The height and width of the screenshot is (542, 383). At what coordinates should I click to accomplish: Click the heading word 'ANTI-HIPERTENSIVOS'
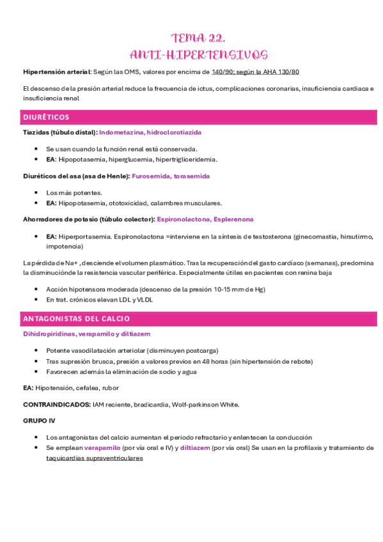click(198, 54)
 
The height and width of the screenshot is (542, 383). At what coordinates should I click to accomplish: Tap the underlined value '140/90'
click(223, 72)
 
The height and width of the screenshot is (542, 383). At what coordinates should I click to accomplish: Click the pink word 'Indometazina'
click(121, 132)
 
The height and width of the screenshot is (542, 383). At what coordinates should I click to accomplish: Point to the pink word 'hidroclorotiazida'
click(174, 132)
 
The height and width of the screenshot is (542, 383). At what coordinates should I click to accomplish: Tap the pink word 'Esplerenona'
click(234, 219)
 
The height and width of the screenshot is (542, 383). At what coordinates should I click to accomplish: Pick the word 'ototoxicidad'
click(126, 203)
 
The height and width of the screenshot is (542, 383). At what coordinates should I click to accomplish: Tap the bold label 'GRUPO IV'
click(38, 421)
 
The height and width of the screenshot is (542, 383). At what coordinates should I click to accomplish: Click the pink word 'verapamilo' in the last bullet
click(104, 448)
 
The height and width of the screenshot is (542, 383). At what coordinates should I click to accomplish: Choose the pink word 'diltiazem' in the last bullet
click(195, 448)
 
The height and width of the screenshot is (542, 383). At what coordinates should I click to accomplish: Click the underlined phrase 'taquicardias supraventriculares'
click(94, 458)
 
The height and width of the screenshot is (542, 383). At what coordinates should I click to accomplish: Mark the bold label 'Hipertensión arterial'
click(56, 72)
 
